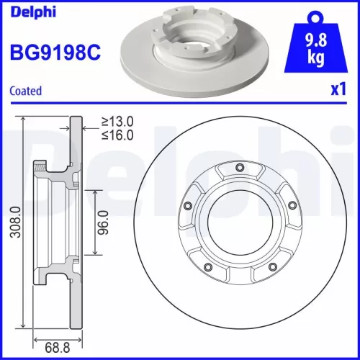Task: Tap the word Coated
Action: click(26, 91)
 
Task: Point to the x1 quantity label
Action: click(339, 91)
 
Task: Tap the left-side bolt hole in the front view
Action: click(189, 206)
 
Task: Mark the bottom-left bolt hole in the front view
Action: click(209, 269)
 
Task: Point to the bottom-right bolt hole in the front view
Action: click(271, 269)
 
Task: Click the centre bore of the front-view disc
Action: click(240, 224)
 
